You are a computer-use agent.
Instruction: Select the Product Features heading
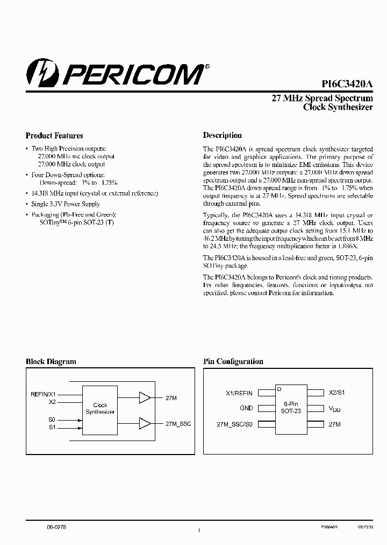click(54, 136)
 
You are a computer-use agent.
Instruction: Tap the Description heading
click(222, 135)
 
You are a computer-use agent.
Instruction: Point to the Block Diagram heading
click(51, 362)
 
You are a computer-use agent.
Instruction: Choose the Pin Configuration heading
click(233, 362)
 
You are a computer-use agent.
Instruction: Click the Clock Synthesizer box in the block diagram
click(100, 409)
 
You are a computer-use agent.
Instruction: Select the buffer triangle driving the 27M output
click(145, 398)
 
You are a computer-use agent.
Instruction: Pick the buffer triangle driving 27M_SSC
click(145, 424)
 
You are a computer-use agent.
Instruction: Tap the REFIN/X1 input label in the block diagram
click(42, 394)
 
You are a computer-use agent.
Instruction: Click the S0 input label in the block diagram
click(52, 420)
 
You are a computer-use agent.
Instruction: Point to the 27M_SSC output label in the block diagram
click(178, 424)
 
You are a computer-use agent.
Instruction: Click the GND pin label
click(246, 408)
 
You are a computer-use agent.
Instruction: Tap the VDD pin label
click(334, 409)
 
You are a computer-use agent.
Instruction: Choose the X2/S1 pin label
click(336, 393)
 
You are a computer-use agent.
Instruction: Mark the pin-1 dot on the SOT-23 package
click(278, 388)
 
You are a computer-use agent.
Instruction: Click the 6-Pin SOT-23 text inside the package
click(290, 407)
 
